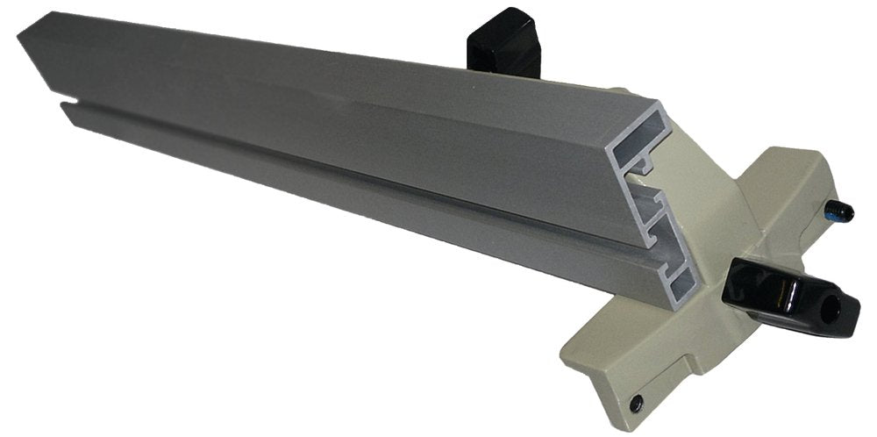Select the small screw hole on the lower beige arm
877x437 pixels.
(636, 403)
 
